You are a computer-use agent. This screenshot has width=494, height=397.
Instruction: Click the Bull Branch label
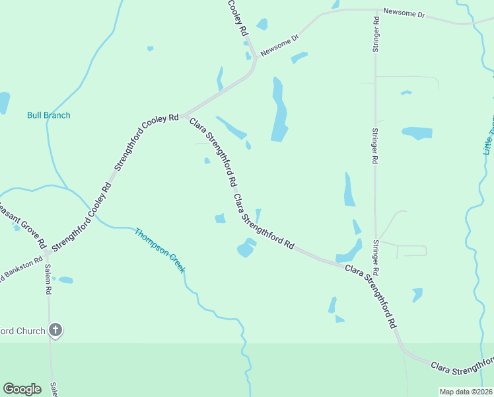pyautogui.click(x=48, y=115)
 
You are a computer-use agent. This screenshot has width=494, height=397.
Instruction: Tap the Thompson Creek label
pyautogui.click(x=160, y=251)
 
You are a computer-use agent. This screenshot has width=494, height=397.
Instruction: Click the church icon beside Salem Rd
pyautogui.click(x=55, y=330)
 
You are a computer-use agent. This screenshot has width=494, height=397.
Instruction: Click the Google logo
pyautogui.click(x=22, y=389)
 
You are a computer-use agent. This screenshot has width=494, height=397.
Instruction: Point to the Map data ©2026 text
pyautogui.click(x=466, y=392)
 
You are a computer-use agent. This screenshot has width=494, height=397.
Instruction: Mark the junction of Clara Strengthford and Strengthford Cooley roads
pyautogui.click(x=184, y=115)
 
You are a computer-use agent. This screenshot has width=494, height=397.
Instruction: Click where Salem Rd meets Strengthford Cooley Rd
pyautogui.click(x=47, y=253)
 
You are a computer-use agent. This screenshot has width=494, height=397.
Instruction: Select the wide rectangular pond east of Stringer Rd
pyautogui.click(x=417, y=133)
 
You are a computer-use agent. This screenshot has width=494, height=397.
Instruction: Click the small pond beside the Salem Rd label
pyautogui.click(x=65, y=280)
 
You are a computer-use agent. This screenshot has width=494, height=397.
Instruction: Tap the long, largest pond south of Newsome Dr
pyautogui.click(x=279, y=111)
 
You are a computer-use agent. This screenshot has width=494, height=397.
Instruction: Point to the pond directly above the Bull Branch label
pyautogui.click(x=3, y=103)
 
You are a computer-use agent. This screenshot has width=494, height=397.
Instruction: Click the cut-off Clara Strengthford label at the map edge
pyautogui.click(x=462, y=363)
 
